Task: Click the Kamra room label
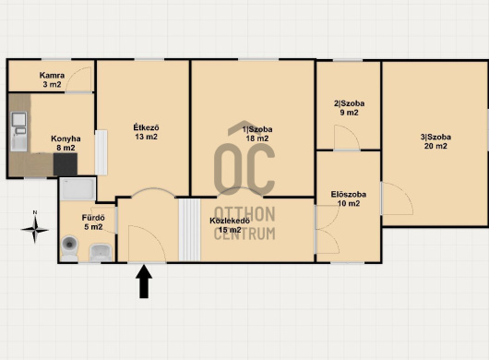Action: (x=52, y=79)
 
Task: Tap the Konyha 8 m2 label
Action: (x=66, y=143)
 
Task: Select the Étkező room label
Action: (x=146, y=132)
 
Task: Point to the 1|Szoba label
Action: (x=257, y=134)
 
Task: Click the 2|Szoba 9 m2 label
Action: (x=349, y=108)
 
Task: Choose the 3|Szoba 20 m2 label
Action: (x=435, y=141)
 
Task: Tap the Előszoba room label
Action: (x=349, y=198)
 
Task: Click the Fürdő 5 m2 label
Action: (x=93, y=222)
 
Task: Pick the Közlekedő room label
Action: (x=230, y=225)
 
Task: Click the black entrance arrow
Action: (x=144, y=282)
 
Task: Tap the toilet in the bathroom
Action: (x=69, y=248)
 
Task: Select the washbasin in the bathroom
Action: (x=101, y=252)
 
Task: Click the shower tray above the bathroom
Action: (x=78, y=189)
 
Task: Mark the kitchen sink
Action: (x=19, y=131)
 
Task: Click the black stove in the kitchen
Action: (x=66, y=164)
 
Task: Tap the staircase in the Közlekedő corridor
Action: (x=190, y=230)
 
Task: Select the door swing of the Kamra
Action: (x=79, y=80)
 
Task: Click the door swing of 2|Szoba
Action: (x=347, y=138)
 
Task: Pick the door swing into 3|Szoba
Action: (x=397, y=198)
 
